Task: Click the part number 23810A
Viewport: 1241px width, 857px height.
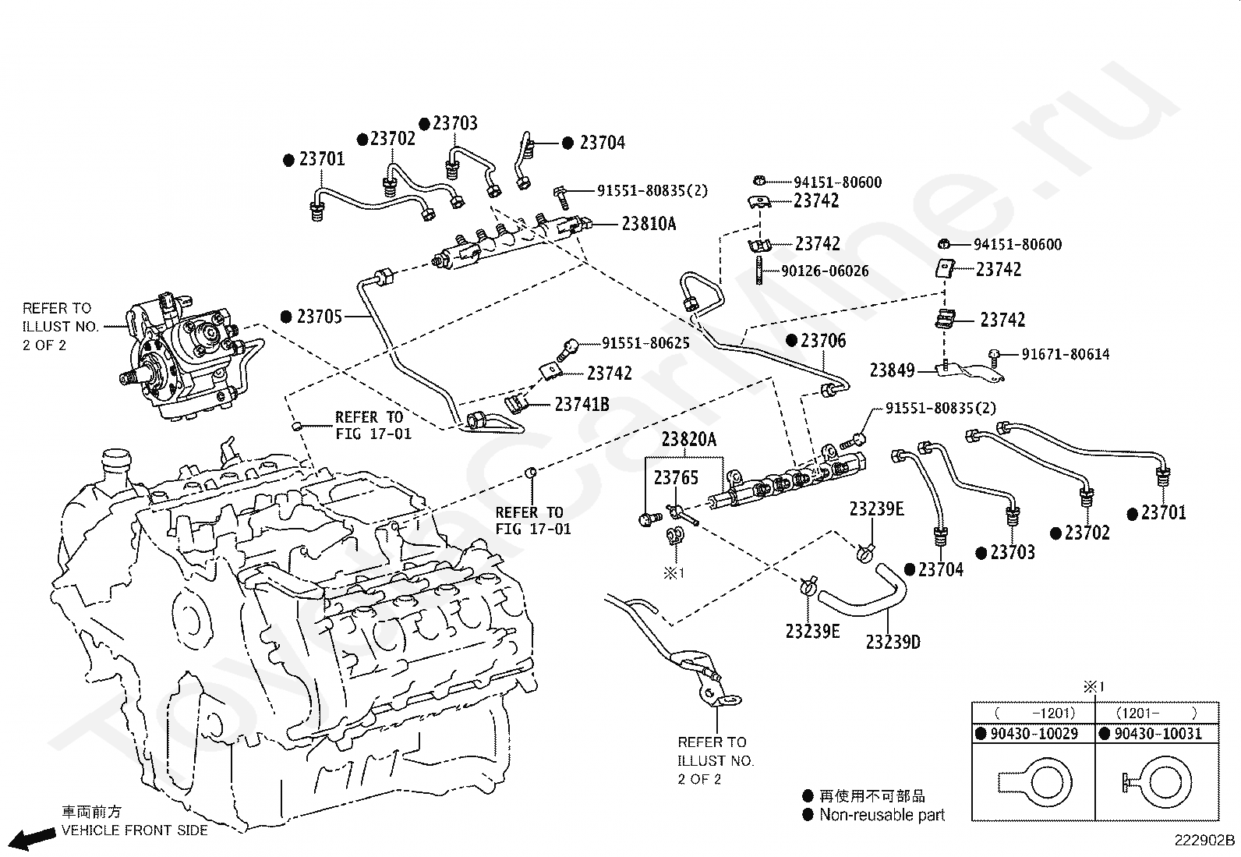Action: pos(649,224)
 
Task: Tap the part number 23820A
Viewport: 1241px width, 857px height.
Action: pos(688,440)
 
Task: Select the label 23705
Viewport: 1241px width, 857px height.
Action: pos(320,317)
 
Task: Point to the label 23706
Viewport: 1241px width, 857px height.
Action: pos(823,340)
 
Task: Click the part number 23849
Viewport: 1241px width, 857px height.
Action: pos(892,370)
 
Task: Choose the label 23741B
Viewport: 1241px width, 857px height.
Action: pos(582,405)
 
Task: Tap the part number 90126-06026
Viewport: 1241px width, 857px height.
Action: pos(825,271)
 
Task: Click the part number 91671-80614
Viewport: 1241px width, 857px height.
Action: pos(1066,354)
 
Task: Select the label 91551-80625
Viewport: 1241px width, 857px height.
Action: pos(645,343)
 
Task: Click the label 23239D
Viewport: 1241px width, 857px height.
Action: pos(893,642)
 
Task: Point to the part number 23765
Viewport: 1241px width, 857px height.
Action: pos(676,477)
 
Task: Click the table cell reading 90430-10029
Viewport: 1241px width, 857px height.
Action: pos(1034,733)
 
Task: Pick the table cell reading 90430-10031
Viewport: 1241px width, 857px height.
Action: pos(1158,733)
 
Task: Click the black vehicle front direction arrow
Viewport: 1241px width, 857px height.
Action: pos(32,839)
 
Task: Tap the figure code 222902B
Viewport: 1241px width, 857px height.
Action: pos(1205,841)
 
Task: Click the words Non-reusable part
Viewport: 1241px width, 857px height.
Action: pos(882,814)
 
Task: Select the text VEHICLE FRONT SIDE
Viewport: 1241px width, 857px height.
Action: pos(135,830)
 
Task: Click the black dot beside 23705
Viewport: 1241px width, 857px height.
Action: pos(286,317)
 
